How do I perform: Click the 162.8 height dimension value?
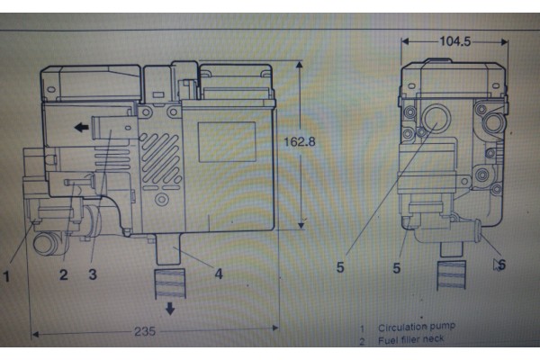coord(299,141)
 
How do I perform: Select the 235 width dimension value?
coord(145,331)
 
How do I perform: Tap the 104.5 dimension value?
coord(454,41)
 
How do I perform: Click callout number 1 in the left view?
coord(6,276)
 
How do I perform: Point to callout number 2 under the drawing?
coord(63,274)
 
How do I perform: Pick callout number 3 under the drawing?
coord(93,274)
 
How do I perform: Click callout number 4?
coord(219,274)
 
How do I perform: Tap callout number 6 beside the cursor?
coord(502,265)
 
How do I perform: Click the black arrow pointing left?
coord(82,128)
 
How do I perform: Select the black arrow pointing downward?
coord(170,309)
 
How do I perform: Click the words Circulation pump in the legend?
coord(417,327)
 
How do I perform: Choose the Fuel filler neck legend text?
coord(411,340)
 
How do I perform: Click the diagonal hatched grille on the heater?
coord(160,157)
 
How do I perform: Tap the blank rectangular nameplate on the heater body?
coord(227,141)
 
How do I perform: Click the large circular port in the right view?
coord(436,118)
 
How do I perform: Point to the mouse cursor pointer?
coord(496,265)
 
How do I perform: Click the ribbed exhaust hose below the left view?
coord(170,283)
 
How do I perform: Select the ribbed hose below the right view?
coord(452,275)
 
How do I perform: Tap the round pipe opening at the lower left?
coord(44,243)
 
